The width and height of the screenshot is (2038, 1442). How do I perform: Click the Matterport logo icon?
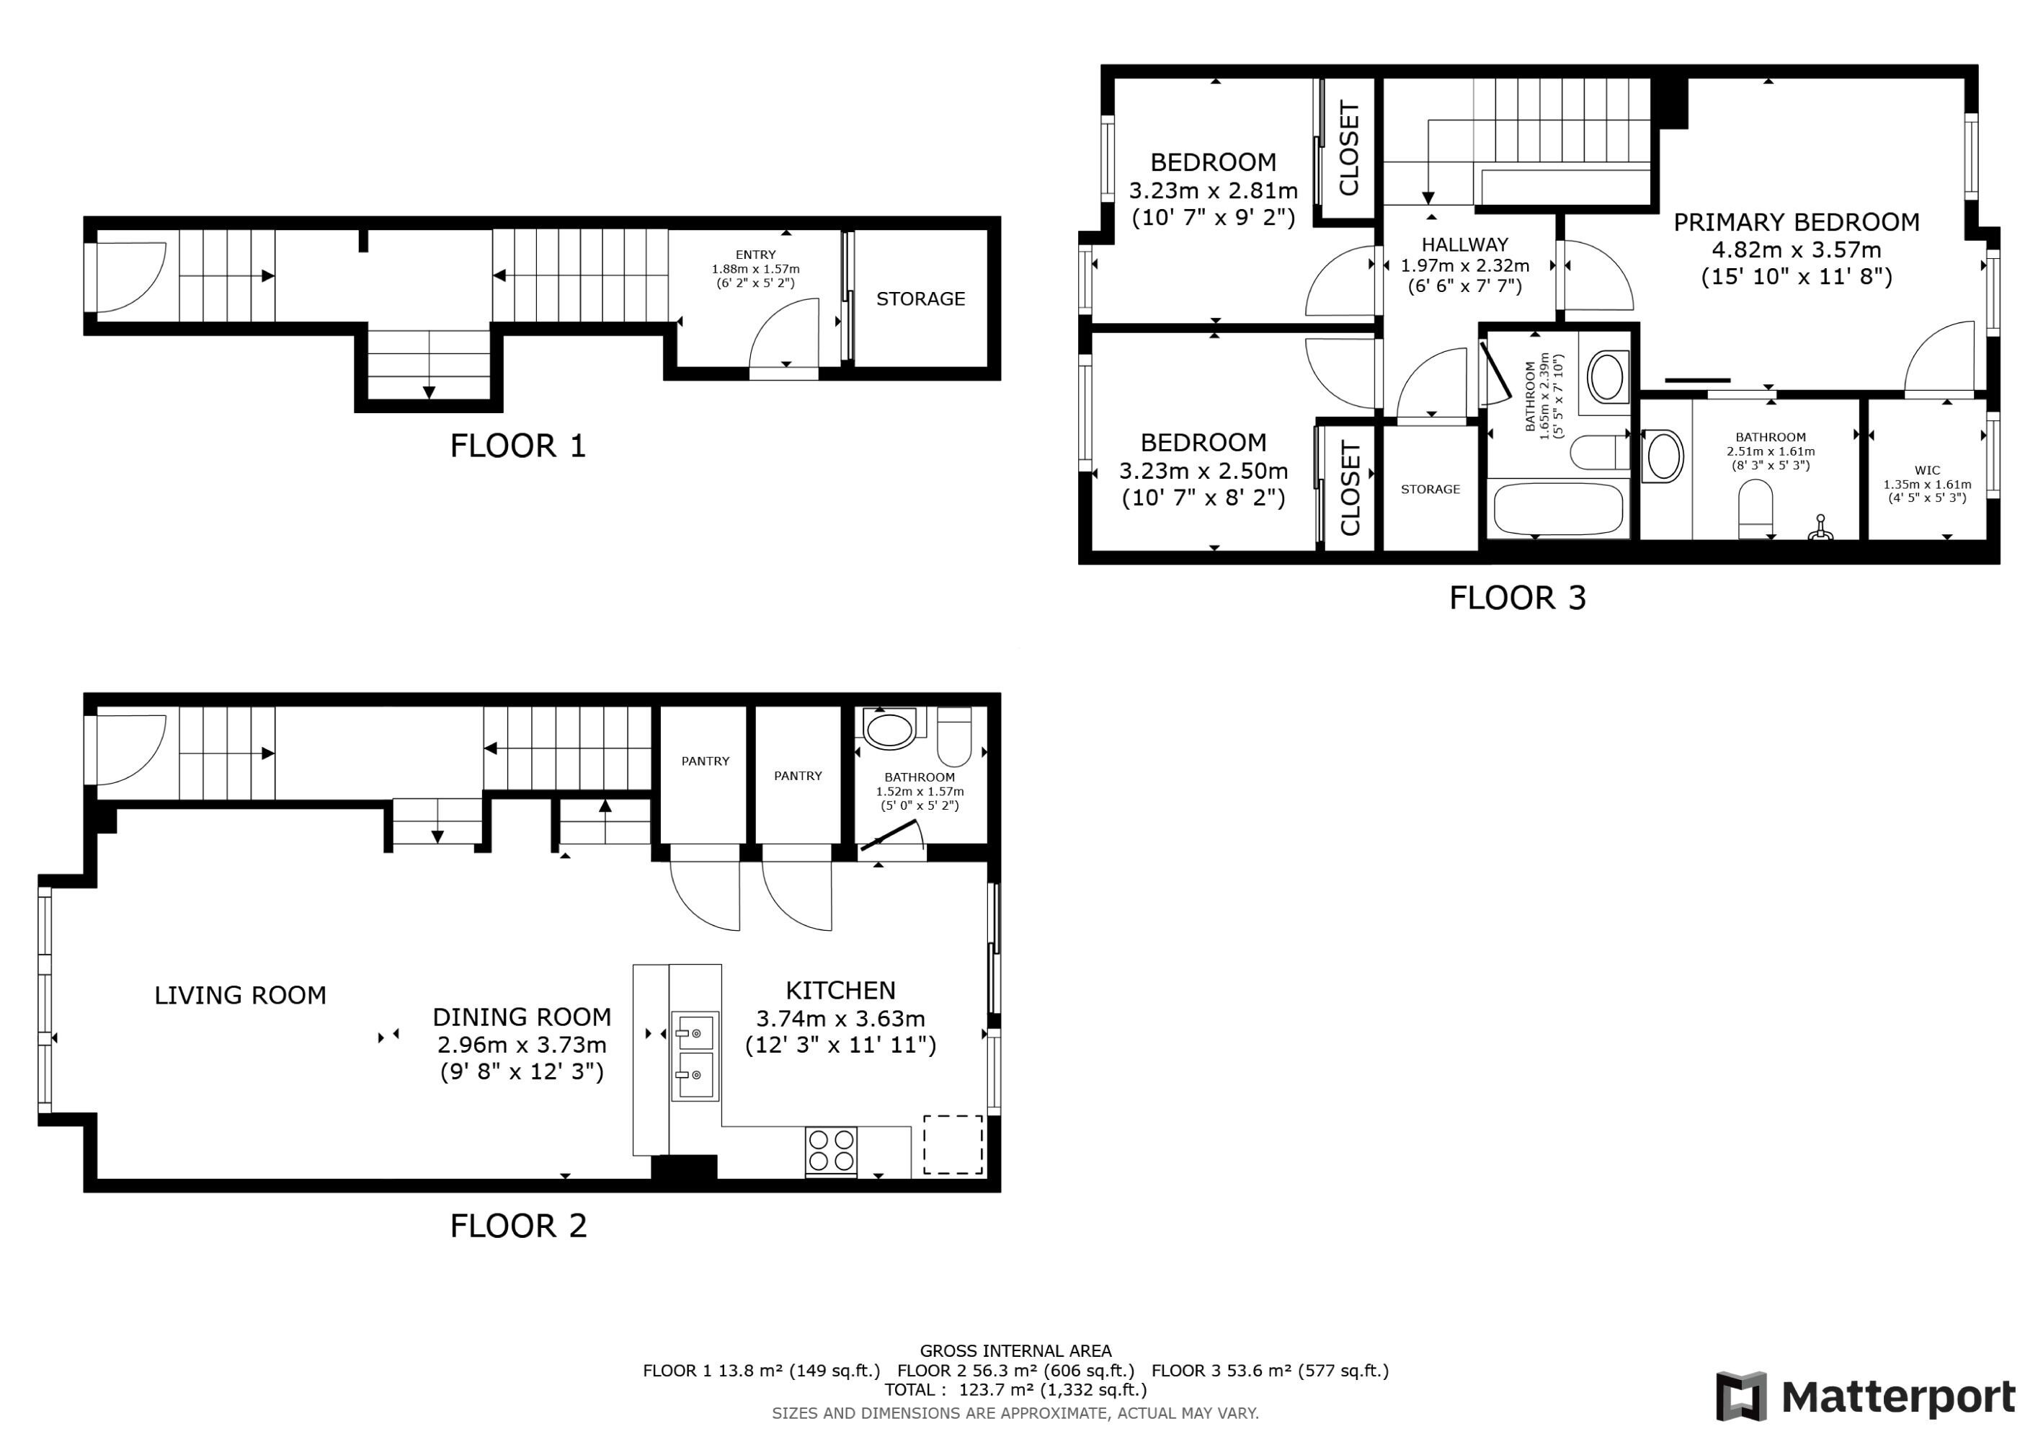point(1740,1397)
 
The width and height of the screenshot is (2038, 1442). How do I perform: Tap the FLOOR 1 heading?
point(518,446)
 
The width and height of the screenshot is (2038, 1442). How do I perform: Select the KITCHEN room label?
point(840,990)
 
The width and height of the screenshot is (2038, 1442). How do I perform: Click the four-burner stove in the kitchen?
point(831,1151)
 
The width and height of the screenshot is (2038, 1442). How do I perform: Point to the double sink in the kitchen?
point(694,1057)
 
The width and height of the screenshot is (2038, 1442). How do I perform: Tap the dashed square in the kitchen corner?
point(953,1144)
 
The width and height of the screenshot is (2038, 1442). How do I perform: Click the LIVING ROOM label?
point(241,996)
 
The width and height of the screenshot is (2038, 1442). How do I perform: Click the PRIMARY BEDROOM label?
point(1797,222)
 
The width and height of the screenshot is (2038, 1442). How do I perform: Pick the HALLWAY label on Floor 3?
point(1464,245)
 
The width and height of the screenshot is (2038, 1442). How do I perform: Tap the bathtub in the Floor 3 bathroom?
point(1559,510)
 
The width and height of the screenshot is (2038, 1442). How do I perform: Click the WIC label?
point(1927,471)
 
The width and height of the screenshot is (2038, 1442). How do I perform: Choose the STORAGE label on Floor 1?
point(920,299)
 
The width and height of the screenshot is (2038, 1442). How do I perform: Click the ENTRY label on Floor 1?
point(755,255)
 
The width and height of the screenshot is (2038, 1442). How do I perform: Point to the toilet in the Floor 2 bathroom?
point(955,736)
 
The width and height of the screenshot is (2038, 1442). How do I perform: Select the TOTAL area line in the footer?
point(1015,1389)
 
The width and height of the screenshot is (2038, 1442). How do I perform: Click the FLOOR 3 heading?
point(1518,598)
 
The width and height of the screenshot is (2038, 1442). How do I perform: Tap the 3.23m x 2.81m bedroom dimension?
point(1214,191)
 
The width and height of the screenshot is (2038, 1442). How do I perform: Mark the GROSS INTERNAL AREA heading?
point(1015,1350)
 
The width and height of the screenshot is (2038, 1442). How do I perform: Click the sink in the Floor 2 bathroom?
point(889,731)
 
